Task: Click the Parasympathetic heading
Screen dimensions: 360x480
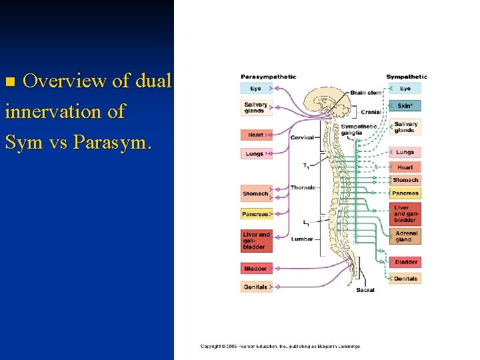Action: pyautogui.click(x=268, y=77)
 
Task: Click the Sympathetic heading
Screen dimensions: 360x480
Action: pyautogui.click(x=407, y=77)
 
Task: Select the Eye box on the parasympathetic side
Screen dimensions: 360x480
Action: pyautogui.click(x=256, y=88)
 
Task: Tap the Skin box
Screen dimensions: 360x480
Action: pyautogui.click(x=405, y=105)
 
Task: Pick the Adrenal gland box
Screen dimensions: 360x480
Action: pyautogui.click(x=405, y=237)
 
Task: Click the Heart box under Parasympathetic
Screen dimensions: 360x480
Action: pyautogui.click(x=256, y=135)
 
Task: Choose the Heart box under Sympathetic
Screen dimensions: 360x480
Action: pyautogui.click(x=405, y=167)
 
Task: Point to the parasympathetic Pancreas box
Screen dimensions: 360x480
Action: pyautogui.click(x=256, y=214)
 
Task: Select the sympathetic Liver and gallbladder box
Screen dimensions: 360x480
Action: pyautogui.click(x=405, y=214)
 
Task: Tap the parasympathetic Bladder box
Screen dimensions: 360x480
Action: pyautogui.click(x=256, y=269)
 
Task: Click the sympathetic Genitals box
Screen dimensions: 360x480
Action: pyautogui.click(x=405, y=279)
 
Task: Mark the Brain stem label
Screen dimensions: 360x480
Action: pyautogui.click(x=366, y=93)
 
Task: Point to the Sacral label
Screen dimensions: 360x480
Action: pyautogui.click(x=365, y=290)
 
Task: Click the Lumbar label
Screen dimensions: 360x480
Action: pyautogui.click(x=302, y=239)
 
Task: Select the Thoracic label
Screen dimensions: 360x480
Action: pyautogui.click(x=302, y=188)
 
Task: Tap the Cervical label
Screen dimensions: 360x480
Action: pyautogui.click(x=302, y=138)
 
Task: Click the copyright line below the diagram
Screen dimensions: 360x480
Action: pyautogui.click(x=280, y=346)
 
